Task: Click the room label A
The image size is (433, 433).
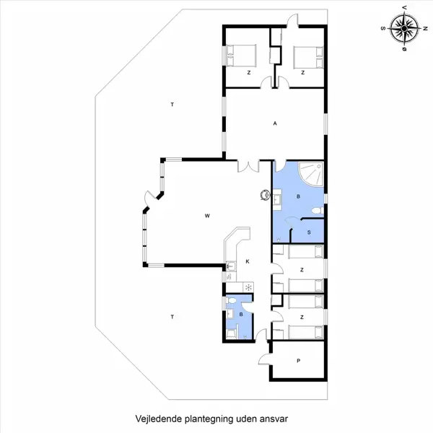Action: (275, 123)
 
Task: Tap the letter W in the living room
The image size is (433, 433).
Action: (207, 216)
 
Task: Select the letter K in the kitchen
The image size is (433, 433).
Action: (248, 261)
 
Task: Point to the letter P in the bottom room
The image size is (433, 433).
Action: (298, 361)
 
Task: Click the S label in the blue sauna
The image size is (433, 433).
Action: (309, 232)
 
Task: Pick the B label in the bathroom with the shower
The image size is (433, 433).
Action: (298, 196)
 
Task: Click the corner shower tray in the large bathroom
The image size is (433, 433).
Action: (311, 174)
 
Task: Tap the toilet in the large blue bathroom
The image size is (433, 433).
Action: (318, 211)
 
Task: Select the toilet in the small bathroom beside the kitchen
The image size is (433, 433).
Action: (232, 300)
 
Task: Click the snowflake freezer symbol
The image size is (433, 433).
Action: (248, 287)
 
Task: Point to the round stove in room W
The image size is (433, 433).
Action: (265, 195)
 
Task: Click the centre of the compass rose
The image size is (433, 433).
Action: (404, 28)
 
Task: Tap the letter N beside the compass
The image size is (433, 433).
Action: (426, 28)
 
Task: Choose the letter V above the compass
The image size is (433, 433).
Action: (405, 8)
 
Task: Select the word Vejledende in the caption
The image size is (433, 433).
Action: (159, 419)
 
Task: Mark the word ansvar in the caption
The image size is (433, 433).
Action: (274, 419)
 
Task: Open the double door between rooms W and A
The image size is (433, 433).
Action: (248, 166)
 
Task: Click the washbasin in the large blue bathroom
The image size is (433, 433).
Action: (277, 198)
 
